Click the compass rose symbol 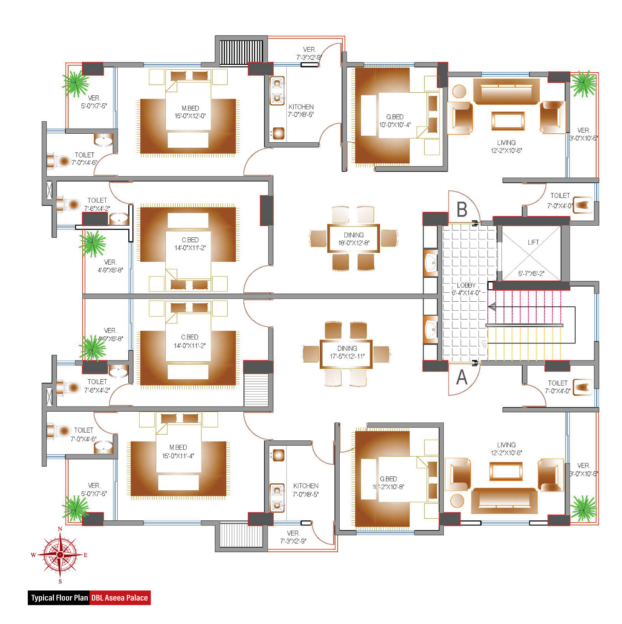point(60,555)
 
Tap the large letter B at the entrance point(462,209)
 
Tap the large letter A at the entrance point(462,377)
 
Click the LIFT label point(533,242)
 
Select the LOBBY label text point(466,285)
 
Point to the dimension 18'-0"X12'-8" point(354,243)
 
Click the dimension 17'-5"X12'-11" point(347,356)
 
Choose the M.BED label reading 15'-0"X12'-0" point(190,112)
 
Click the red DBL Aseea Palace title point(120,598)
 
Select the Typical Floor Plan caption point(60,598)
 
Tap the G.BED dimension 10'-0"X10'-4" point(395,125)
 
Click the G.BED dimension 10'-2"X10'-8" point(388,487)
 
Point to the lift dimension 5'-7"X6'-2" point(531,274)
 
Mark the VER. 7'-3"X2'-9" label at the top point(309,53)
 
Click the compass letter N point(60,529)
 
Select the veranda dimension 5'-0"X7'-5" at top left point(94,106)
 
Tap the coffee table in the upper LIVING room point(508,121)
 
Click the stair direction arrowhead point(492,307)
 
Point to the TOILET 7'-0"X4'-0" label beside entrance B point(560,200)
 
